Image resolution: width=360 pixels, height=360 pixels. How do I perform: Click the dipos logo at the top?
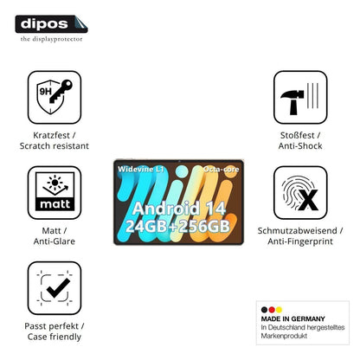tap(51, 24)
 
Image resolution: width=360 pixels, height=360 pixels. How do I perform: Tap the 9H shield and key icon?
tap(55, 97)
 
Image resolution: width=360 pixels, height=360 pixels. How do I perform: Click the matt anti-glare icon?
tap(55, 192)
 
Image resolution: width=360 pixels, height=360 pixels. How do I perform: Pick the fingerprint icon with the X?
tap(300, 192)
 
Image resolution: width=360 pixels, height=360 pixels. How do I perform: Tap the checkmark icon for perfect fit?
tap(55, 288)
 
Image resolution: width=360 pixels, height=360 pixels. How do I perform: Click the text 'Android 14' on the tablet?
tap(179, 208)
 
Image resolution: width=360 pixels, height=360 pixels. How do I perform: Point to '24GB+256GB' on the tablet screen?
tap(177, 226)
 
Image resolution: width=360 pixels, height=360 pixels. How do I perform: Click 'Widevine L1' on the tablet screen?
tap(140, 169)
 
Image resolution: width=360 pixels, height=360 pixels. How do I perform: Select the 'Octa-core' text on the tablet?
tap(221, 170)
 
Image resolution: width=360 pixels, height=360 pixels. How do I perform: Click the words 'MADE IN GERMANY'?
tap(292, 318)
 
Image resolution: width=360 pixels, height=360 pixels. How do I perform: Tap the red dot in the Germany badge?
tap(272, 310)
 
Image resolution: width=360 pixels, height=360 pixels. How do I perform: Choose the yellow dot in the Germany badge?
tap(279, 310)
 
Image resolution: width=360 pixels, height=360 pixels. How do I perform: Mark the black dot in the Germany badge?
tap(264, 310)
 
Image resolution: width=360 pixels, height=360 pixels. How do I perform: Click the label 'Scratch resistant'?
tap(55, 145)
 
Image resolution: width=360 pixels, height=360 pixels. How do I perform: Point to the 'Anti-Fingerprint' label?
tap(300, 241)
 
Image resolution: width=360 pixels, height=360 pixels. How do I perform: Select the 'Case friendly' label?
tap(55, 337)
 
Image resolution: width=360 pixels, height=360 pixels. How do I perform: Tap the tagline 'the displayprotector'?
tap(51, 39)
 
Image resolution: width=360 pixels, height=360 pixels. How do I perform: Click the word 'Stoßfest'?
tap(297, 135)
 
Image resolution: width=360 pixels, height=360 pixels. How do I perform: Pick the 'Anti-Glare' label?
tap(55, 241)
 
